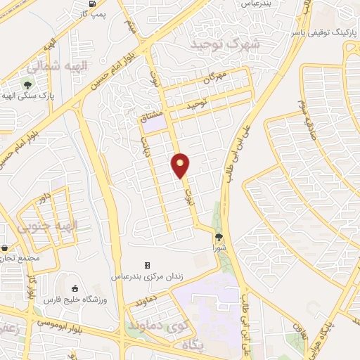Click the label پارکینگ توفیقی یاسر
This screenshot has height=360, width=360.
coord(323,33)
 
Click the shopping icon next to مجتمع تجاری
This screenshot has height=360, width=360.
coord(6,248)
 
